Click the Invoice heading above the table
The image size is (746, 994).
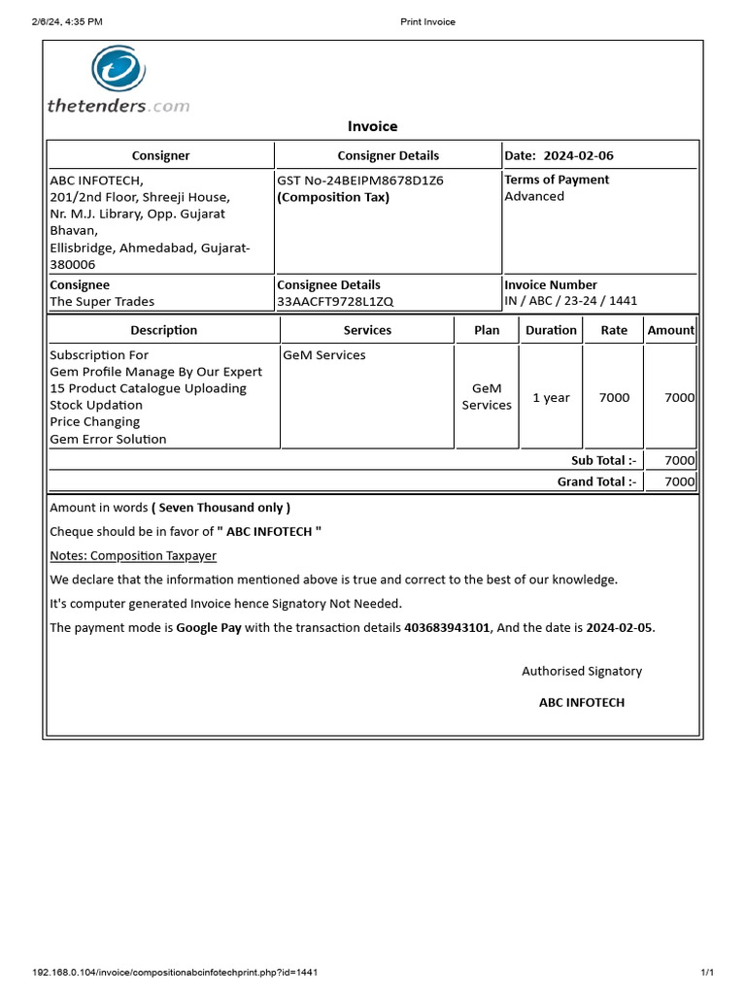click(x=373, y=126)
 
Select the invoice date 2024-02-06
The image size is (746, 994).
click(x=579, y=155)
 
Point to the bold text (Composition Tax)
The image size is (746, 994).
click(x=333, y=197)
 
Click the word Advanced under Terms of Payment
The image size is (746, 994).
click(x=534, y=196)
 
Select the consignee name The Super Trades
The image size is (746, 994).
click(x=102, y=302)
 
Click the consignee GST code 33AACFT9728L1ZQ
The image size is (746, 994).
click(x=335, y=302)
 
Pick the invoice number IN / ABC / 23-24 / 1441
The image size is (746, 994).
click(x=571, y=301)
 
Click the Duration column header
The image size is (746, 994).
click(x=551, y=330)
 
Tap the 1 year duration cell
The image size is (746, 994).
click(x=551, y=397)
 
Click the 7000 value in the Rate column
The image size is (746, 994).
click(x=614, y=397)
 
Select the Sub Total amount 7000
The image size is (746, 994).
click(x=679, y=461)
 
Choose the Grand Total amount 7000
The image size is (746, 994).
click(x=679, y=481)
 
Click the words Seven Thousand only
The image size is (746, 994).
click(x=221, y=507)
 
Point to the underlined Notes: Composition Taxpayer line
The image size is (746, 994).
click(x=133, y=555)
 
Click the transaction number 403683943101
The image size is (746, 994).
click(x=448, y=628)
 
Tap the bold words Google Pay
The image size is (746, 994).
click(x=209, y=628)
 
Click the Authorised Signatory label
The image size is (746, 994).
click(x=582, y=671)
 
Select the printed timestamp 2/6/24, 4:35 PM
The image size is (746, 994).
click(x=67, y=21)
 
